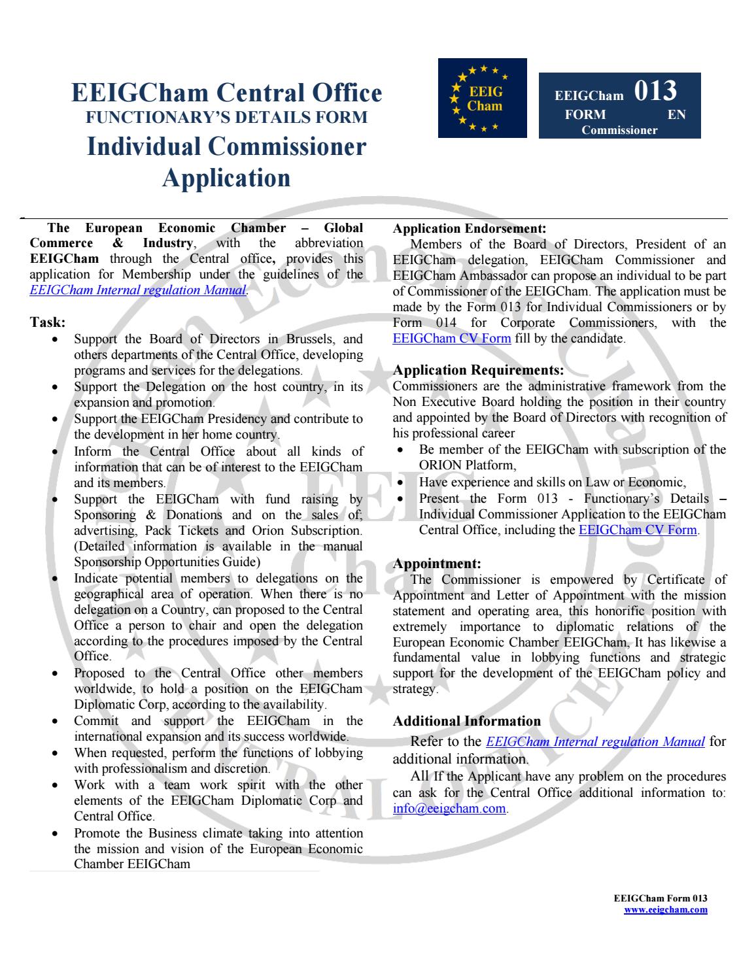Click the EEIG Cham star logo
tap(482, 98)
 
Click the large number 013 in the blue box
tap(655, 92)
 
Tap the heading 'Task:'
tap(48, 322)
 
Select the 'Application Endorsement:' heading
tap(469, 229)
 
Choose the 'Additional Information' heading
tap(466, 721)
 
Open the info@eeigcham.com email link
tap(449, 809)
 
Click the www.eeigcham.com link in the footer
tap(665, 909)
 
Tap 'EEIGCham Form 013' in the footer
tap(661, 898)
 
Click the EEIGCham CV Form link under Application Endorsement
tap(451, 339)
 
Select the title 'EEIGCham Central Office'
tap(226, 92)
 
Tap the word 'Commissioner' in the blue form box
tap(619, 129)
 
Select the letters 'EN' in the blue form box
tap(676, 114)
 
